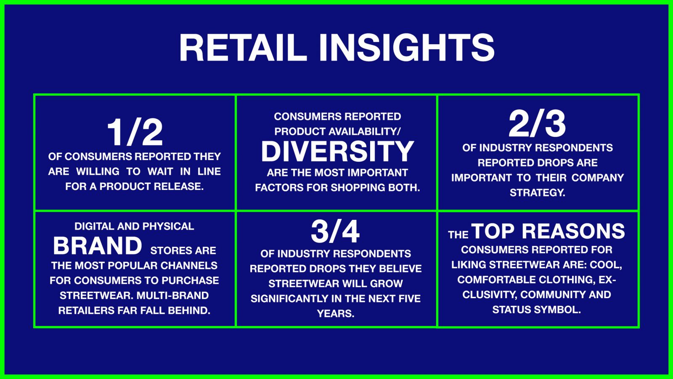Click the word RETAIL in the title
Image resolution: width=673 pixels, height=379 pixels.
coord(243,48)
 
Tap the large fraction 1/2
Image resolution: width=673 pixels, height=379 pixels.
coord(135,133)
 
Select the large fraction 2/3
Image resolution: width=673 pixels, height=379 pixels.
coord(537,124)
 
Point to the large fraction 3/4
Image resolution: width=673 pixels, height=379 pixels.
coord(335,232)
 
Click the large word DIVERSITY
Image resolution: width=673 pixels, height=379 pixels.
coord(337,151)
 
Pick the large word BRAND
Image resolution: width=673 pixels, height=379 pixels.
coord(98,246)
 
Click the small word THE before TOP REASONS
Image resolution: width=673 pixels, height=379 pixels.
coord(458,235)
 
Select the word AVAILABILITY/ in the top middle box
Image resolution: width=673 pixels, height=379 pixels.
coord(364,131)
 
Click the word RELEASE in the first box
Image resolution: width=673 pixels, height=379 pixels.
coord(178,187)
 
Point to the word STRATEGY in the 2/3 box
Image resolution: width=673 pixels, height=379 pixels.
coord(537,192)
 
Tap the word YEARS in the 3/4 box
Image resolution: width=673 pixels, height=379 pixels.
coord(336,314)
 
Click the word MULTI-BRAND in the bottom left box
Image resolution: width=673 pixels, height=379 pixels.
coord(172,295)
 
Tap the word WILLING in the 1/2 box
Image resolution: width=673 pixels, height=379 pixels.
coord(98,171)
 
